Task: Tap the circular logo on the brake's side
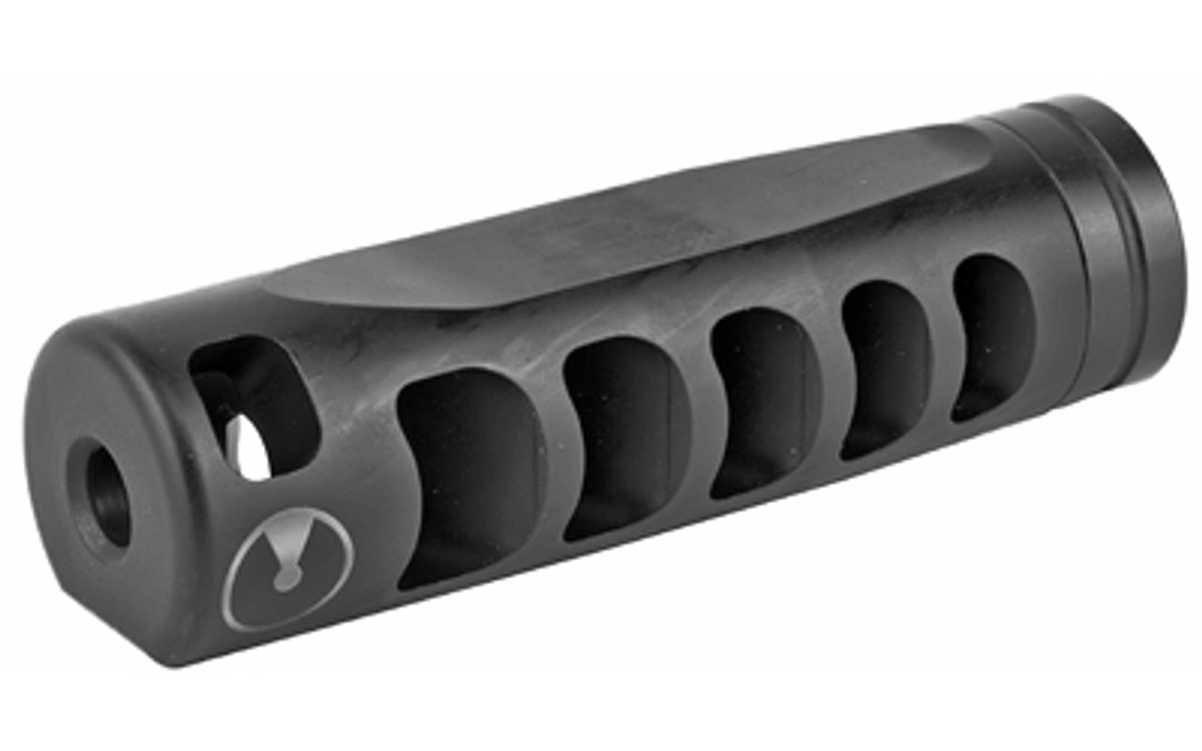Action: click(x=290, y=567)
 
